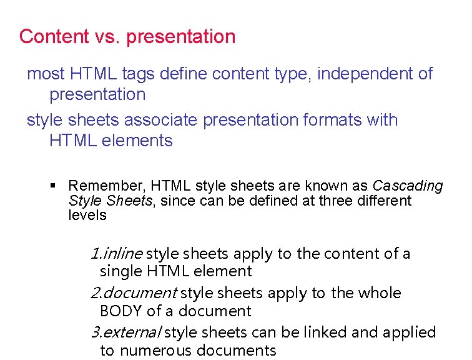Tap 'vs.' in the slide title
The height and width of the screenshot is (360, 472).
tap(108, 36)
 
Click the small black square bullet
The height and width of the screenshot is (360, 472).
tap(53, 186)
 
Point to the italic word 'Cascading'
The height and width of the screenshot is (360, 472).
tap(408, 186)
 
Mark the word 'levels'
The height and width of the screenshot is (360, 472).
tap(87, 216)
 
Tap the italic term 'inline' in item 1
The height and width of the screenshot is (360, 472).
tap(124, 254)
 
